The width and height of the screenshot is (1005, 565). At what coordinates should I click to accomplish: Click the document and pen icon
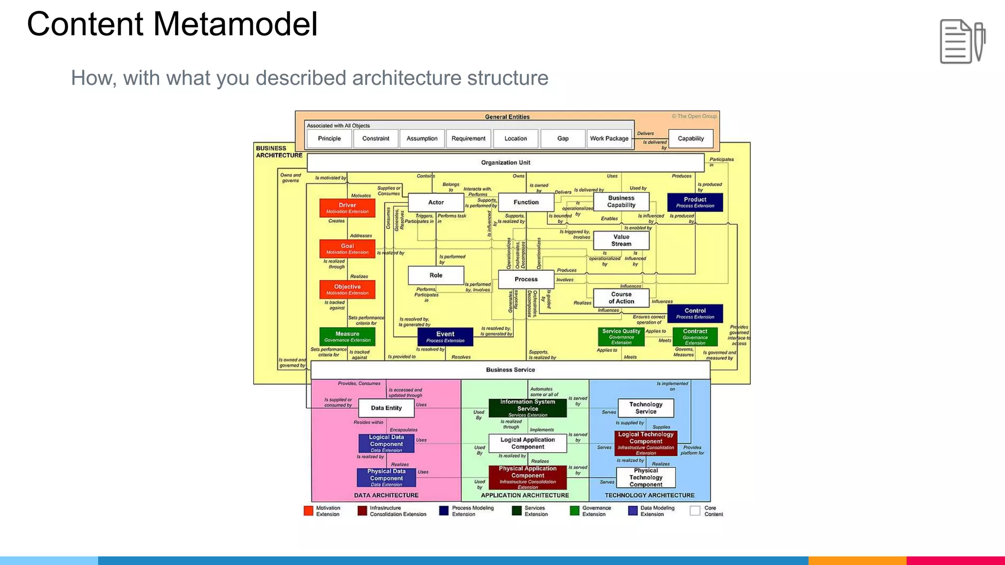pos(962,41)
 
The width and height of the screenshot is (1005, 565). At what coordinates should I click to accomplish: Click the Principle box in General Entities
pos(329,138)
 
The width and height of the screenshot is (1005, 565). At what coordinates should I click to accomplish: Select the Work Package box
pos(609,138)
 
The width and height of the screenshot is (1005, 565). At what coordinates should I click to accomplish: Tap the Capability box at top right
pos(690,138)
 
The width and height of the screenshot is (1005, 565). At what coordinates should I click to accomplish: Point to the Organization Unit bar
pos(505,162)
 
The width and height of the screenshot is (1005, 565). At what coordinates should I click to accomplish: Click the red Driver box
pos(347,208)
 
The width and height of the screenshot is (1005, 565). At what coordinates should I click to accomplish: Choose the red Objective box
pos(347,289)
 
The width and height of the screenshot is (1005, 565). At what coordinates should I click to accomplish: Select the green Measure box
pos(347,336)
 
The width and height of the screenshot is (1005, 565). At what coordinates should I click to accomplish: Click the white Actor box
pos(436,202)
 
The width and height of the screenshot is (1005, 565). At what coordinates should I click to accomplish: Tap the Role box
pos(436,275)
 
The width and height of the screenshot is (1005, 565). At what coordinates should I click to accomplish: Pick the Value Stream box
pos(621,240)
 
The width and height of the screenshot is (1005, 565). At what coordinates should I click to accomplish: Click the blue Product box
pos(695,202)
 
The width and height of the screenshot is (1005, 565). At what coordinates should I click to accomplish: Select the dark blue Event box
pos(445,336)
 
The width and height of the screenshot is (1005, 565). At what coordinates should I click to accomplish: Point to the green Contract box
pos(695,336)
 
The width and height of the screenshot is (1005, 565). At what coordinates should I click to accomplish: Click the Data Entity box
pos(386,408)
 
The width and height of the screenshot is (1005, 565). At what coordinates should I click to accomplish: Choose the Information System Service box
pos(528,408)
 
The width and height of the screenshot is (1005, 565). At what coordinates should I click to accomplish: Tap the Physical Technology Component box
pos(645,477)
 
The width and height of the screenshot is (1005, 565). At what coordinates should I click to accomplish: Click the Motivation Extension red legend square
pos(308,511)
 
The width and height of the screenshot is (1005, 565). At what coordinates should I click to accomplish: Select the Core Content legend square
pos(694,511)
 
